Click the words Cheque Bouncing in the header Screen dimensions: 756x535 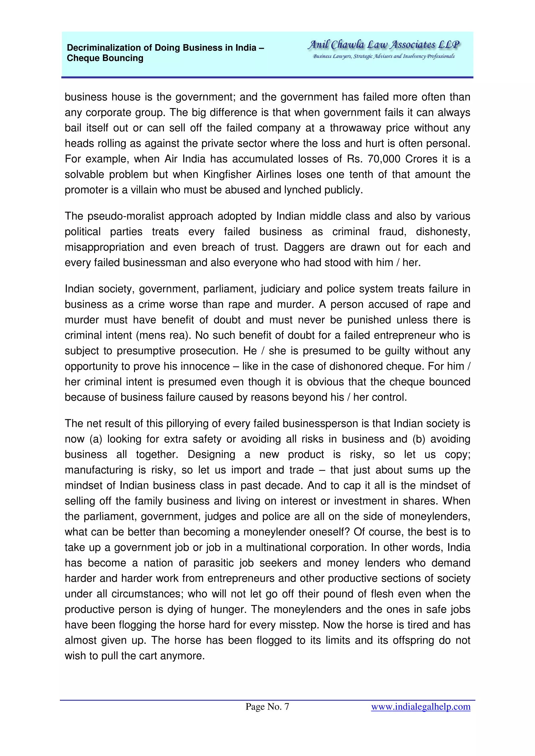pyautogui.click(x=105, y=58)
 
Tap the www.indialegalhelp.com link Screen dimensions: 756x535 pyautogui.click(x=420, y=707)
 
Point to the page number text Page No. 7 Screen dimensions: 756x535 pyautogui.click(x=267, y=707)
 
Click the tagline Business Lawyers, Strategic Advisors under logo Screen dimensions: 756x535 pyautogui.click(x=383, y=56)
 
